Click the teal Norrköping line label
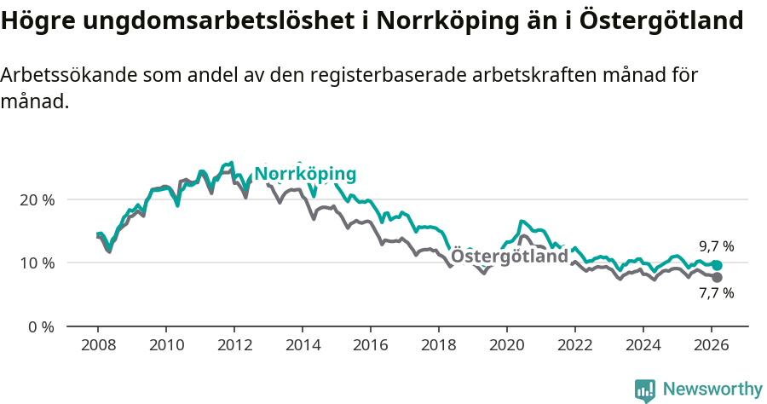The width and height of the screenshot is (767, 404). click(x=305, y=175)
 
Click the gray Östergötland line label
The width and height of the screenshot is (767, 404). click(x=510, y=257)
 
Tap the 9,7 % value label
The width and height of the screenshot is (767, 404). click(x=716, y=246)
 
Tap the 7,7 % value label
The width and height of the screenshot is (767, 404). click(x=716, y=293)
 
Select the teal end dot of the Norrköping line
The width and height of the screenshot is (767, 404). click(x=717, y=265)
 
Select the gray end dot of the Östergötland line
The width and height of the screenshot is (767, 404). click(x=717, y=278)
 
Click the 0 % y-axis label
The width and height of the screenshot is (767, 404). click(x=41, y=326)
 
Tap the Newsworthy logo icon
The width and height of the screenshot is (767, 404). click(x=645, y=390)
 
